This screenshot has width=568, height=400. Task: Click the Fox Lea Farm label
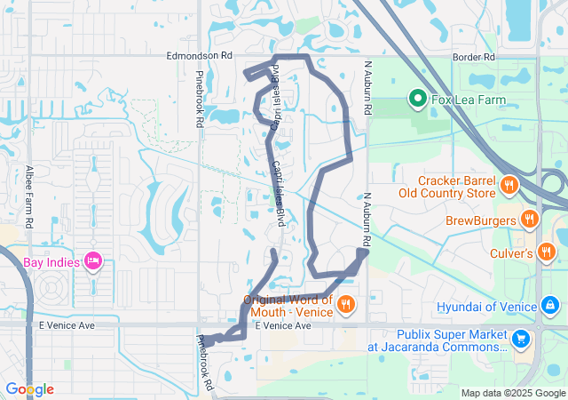click(x=469, y=100)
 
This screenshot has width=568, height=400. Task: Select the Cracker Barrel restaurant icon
click(x=509, y=186)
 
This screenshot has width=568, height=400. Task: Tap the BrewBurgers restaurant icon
click(x=529, y=219)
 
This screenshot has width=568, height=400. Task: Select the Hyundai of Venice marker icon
click(x=550, y=307)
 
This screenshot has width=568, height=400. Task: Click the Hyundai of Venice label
click(x=487, y=308)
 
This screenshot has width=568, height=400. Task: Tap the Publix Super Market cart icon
click(x=520, y=338)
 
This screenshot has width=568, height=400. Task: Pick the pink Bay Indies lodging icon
click(x=92, y=260)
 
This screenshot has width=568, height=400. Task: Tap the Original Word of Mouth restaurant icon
click(x=346, y=305)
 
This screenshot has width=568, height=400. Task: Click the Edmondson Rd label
click(x=199, y=55)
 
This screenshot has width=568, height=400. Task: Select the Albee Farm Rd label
click(x=30, y=196)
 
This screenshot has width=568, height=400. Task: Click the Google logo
click(x=30, y=389)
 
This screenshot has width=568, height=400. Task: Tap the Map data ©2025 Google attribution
click(x=512, y=393)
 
